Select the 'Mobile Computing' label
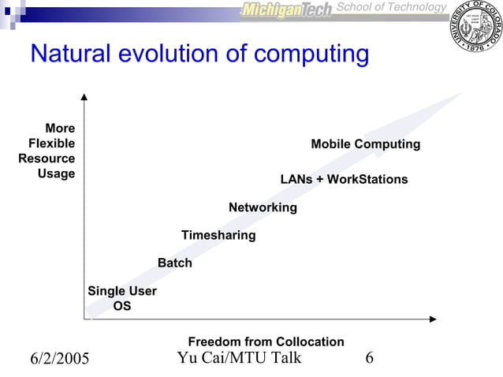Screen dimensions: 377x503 365,144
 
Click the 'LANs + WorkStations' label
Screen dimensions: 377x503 344,179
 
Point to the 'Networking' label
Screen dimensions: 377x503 263,207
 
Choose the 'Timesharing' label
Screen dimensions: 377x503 218,235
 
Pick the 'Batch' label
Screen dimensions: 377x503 175,263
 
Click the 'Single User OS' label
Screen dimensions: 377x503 122,298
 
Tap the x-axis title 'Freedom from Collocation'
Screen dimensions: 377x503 266,342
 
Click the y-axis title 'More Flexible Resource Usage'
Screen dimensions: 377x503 47,151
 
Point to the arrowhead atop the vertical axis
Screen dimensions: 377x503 84,98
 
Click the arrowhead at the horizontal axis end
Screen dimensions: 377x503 432,319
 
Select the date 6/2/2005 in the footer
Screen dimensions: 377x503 60,360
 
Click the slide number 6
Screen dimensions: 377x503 369,359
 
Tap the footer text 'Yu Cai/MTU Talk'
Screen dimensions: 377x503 239,359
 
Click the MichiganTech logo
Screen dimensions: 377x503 285,10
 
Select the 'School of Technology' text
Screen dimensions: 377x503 391,7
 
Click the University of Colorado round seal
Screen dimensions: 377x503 474,31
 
